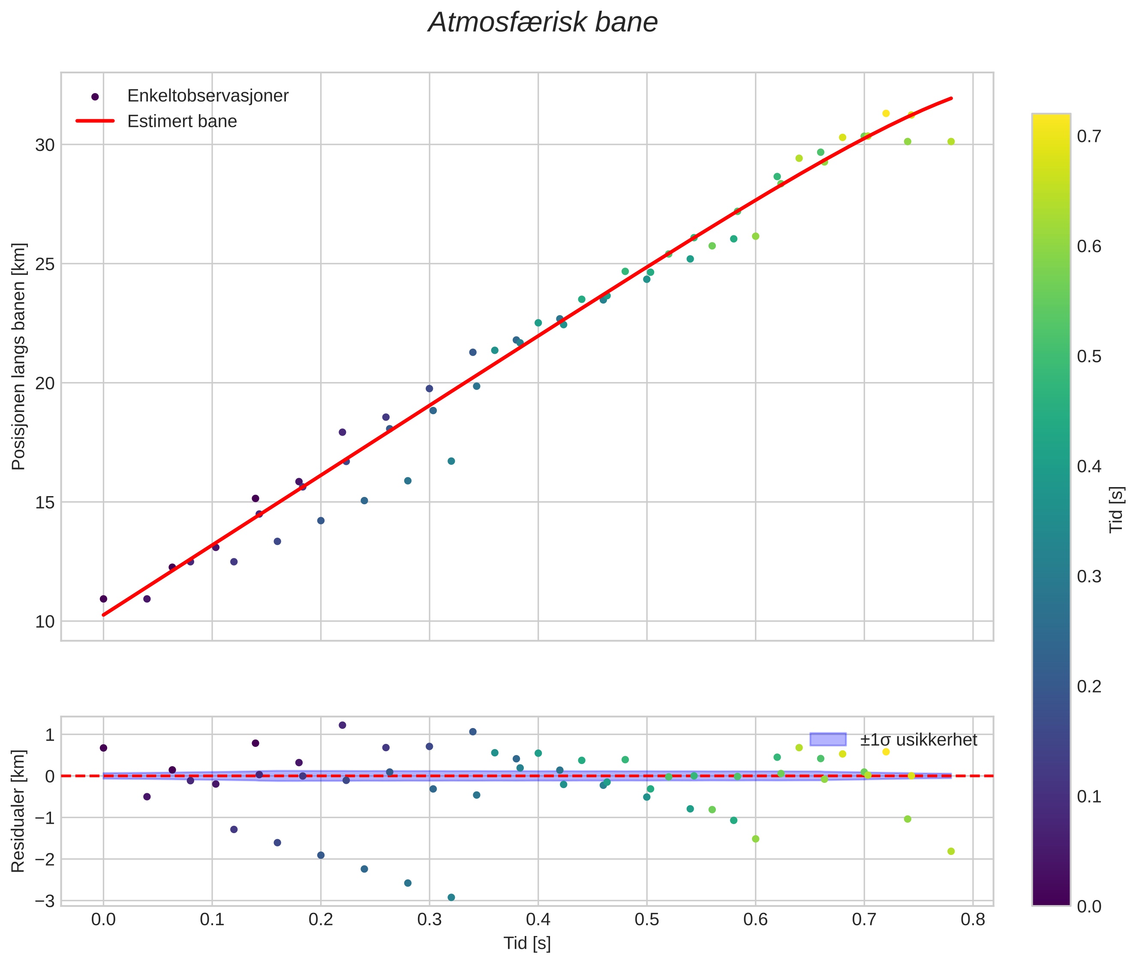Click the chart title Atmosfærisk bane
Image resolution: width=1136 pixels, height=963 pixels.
coord(543,23)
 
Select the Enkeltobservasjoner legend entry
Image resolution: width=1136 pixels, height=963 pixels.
coord(207,96)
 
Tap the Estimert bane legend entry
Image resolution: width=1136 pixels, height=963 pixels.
coord(182,121)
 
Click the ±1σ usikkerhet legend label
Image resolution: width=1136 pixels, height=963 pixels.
coord(918,740)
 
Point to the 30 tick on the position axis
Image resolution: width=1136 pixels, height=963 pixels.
coord(45,145)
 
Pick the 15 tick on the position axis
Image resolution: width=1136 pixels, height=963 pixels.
coord(45,502)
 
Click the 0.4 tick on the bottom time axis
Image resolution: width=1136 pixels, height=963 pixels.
coord(538,920)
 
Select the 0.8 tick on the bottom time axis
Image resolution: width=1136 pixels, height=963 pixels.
coord(972,920)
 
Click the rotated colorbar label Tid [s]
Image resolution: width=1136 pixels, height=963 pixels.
coord(1117,509)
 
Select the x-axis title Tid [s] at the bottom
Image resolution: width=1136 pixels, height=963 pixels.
coord(527,943)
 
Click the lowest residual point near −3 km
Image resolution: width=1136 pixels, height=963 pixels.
coord(451,897)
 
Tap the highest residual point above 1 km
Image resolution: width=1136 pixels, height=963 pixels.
coord(342,725)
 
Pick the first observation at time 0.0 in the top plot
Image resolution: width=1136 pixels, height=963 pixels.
coord(103,599)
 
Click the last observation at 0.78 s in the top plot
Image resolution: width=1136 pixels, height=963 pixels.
coord(951,141)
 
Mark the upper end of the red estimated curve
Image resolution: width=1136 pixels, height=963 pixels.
coord(952,98)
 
